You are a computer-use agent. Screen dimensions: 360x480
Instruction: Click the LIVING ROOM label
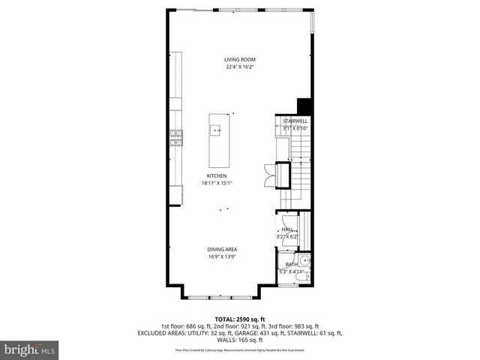coord(239,59)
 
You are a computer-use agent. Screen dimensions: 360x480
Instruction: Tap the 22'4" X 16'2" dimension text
coord(239,67)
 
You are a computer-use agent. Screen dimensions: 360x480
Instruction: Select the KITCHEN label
coord(217,176)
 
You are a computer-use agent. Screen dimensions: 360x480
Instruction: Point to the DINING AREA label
coord(223,249)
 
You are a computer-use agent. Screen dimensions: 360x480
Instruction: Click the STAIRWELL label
coord(295,121)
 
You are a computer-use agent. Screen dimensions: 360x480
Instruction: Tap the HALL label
coord(287,229)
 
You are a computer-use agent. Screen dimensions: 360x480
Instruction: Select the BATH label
coord(290,265)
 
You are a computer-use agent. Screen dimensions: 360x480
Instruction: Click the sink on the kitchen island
coord(217,130)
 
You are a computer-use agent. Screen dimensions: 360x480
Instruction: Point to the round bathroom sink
coord(305,262)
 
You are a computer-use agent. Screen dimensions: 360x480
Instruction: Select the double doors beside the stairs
coord(271,175)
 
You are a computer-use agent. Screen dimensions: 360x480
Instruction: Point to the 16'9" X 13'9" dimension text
coord(223,256)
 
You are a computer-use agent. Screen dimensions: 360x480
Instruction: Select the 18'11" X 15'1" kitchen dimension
coord(217,184)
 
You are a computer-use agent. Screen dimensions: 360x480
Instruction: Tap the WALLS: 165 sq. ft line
coord(239,340)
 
